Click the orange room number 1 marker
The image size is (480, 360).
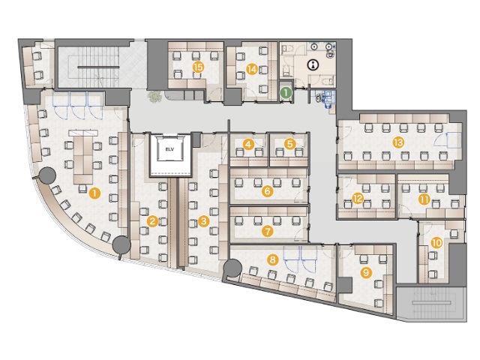(x=95, y=193)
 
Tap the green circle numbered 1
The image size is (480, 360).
(x=286, y=91)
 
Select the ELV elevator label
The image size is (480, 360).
(x=169, y=149)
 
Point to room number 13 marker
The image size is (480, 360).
(x=398, y=142)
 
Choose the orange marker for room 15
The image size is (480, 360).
(x=199, y=67)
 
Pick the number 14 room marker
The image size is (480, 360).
(x=252, y=70)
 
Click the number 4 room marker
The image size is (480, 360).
(x=248, y=144)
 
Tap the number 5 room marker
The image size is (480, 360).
(x=289, y=144)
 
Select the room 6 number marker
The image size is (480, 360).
(x=268, y=191)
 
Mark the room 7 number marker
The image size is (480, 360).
(x=268, y=231)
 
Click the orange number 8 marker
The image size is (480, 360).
(x=272, y=260)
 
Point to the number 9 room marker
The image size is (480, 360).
(x=367, y=272)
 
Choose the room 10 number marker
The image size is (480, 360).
(x=436, y=243)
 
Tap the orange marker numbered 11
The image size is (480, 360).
(x=424, y=200)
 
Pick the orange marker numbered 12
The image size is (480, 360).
(x=358, y=199)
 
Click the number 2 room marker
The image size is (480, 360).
(x=152, y=221)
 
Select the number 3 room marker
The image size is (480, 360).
(x=203, y=221)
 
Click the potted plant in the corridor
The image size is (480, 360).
(x=154, y=97)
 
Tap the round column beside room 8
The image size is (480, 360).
(x=232, y=268)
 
